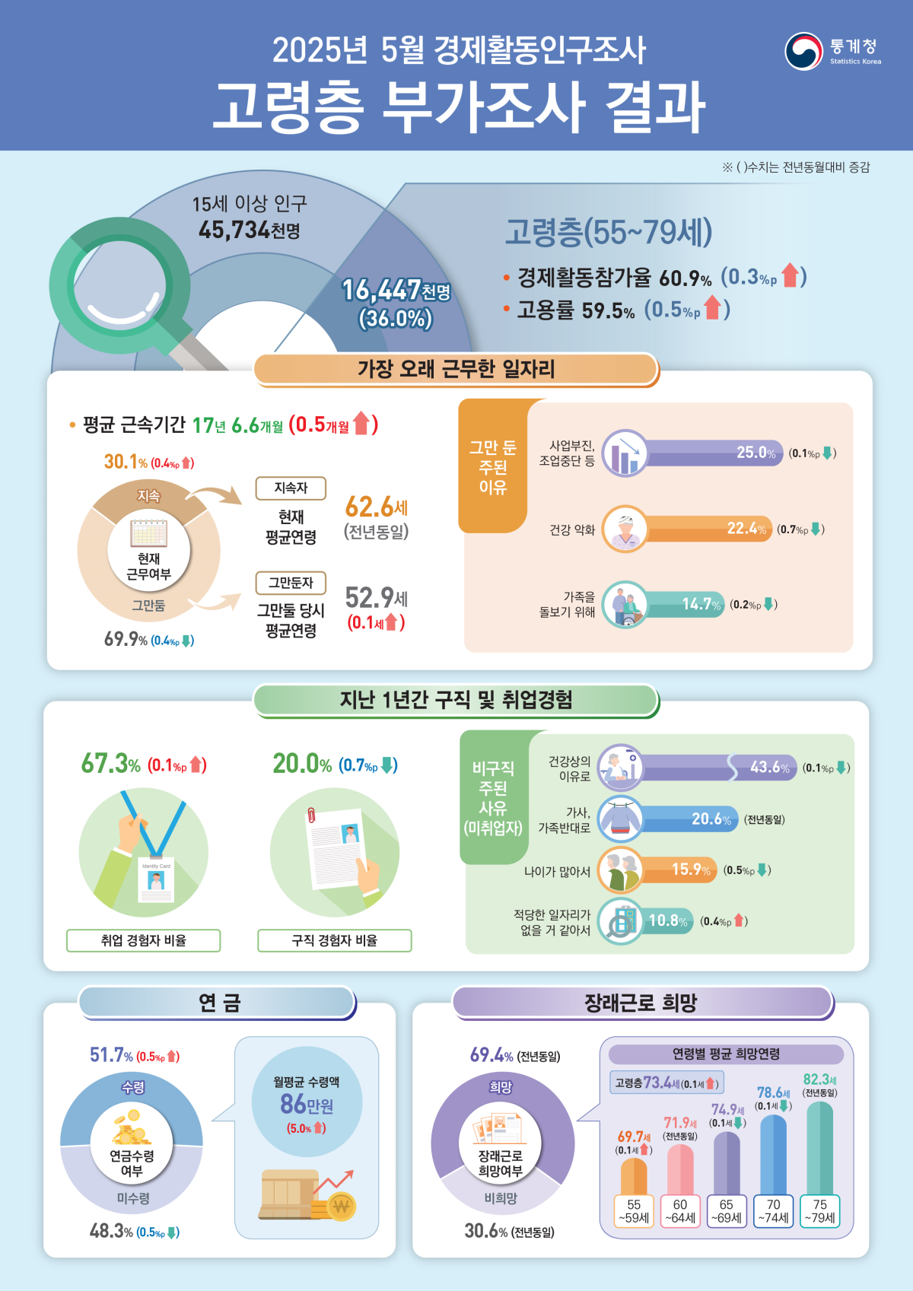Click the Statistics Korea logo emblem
[x=804, y=51]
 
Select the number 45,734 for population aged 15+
[x=234, y=230]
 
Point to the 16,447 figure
[x=380, y=290]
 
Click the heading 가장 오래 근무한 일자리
[x=456, y=370]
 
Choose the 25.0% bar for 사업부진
[x=711, y=453]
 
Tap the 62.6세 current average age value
[x=376, y=507]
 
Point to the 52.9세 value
[x=376, y=597]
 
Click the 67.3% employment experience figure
[x=111, y=764]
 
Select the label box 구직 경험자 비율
[x=335, y=940]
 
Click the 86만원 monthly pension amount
[x=307, y=1104]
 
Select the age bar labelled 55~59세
[x=634, y=1175]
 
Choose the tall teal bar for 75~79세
[x=819, y=1149]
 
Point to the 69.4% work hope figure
[x=491, y=1055]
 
